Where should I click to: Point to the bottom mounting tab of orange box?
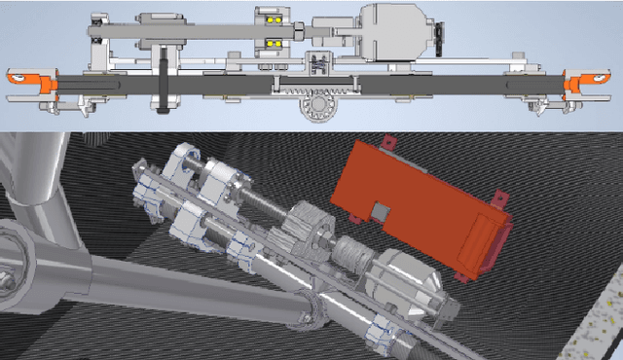pos(465,276)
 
